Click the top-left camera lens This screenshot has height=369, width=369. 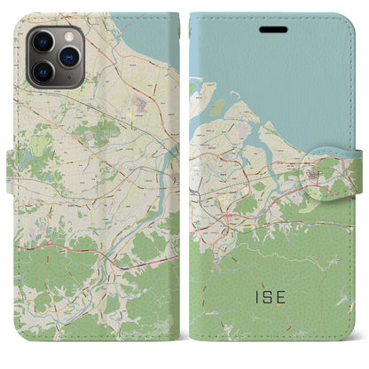tap(42, 42)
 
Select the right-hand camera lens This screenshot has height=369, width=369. tap(67, 55)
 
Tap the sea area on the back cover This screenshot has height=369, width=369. tap(151, 35)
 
